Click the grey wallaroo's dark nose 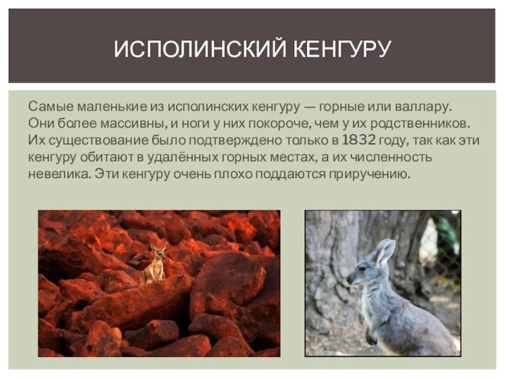pyautogui.click(x=348, y=279)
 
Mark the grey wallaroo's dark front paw pyautogui.click(x=372, y=340)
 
